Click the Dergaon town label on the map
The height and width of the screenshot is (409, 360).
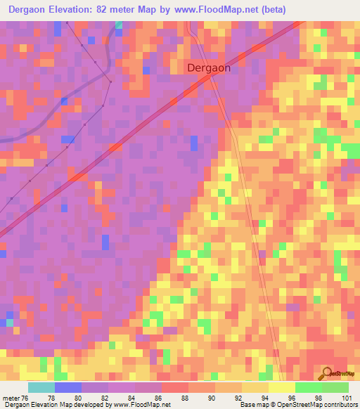pos(209,69)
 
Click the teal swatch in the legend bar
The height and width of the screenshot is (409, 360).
pos(41,387)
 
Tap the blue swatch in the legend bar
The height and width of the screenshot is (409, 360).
pos(68,387)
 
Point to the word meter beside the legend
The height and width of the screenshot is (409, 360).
pos(10,398)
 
